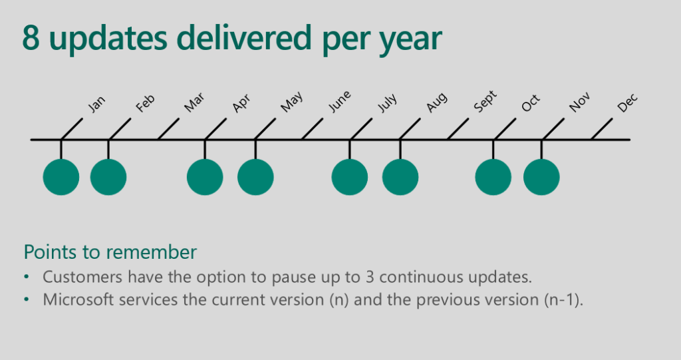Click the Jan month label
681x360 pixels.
click(97, 104)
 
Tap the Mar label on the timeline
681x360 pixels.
click(194, 104)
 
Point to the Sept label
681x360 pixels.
click(485, 103)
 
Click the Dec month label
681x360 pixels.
click(627, 103)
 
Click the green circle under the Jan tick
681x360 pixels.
click(61, 177)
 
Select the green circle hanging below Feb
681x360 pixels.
click(108, 177)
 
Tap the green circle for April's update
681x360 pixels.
click(205, 177)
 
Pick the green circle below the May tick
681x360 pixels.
click(255, 177)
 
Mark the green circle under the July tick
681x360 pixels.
click(350, 177)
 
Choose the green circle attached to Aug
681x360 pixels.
click(400, 177)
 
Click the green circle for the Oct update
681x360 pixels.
click(493, 177)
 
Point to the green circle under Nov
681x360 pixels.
click(541, 177)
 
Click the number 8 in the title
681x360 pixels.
click(33, 38)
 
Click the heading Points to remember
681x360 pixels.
click(110, 252)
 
